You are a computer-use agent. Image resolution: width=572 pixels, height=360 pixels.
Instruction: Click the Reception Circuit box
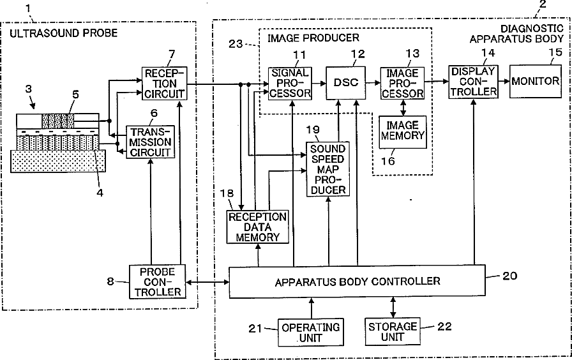(164, 84)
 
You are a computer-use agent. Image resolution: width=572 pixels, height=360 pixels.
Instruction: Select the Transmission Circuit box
(150, 142)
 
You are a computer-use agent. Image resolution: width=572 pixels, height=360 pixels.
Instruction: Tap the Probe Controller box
(158, 281)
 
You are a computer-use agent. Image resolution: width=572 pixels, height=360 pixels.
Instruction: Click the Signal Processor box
(290, 83)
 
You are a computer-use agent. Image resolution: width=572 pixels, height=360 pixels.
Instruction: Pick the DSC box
(345, 83)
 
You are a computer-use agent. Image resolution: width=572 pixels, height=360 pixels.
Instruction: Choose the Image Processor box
(402, 83)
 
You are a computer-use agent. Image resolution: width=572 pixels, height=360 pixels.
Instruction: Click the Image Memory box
(403, 131)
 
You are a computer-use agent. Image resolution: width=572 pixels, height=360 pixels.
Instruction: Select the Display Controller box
(473, 82)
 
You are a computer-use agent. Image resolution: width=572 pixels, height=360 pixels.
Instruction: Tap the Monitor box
(535, 81)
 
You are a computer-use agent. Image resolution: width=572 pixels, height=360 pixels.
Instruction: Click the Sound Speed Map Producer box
(327, 169)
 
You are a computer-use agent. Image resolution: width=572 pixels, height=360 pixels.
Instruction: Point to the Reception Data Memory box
(257, 227)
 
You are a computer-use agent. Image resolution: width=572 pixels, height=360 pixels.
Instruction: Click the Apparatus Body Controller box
(357, 281)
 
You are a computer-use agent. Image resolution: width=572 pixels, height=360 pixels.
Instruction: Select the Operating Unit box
(311, 332)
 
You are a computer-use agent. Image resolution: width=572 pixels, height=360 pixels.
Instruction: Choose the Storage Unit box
(393, 331)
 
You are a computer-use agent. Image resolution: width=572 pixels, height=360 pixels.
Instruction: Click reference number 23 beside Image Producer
(236, 44)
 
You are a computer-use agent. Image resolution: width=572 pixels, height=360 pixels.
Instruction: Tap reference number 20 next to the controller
(509, 276)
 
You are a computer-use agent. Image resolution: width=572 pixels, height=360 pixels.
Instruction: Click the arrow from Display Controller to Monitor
(504, 81)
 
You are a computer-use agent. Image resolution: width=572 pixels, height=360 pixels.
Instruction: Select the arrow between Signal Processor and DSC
(319, 83)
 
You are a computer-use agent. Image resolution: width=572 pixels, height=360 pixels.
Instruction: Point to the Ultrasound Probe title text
(63, 34)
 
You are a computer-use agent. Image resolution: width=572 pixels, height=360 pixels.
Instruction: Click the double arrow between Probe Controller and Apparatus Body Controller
(207, 282)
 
